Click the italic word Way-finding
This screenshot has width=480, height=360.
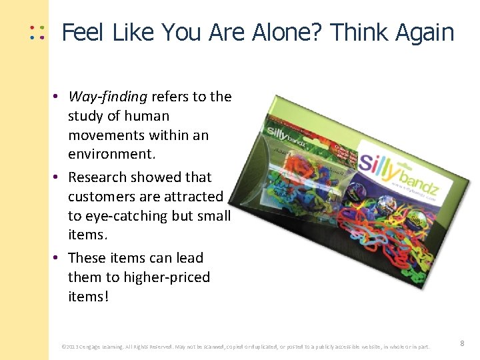[107, 97]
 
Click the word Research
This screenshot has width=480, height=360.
[98, 177]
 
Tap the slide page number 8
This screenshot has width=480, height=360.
[461, 343]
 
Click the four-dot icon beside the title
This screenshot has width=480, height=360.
[36, 32]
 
